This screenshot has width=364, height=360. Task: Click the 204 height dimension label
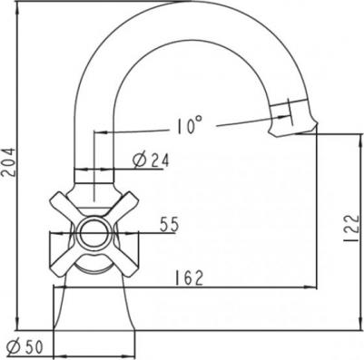pos(7,162)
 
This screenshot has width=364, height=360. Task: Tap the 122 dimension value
pos(351,229)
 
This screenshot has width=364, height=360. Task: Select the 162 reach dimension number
pos(189,278)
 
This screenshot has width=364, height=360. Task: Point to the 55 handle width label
pos(169,224)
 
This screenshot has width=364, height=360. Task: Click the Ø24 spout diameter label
pos(151,161)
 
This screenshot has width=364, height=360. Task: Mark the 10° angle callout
pos(189,125)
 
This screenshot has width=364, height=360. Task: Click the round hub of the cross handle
pos(94,234)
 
